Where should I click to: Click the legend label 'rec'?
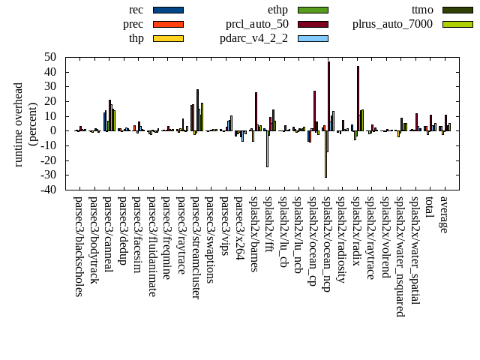(136, 10)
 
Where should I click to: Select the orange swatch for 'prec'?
(168, 24)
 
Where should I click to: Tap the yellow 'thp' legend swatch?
(168, 38)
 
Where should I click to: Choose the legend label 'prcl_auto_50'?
(257, 24)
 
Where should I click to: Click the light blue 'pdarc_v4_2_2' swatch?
(313, 38)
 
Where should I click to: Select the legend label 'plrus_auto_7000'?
(392, 24)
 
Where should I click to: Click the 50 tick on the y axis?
(51, 57)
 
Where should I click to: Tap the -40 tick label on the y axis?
(48, 190)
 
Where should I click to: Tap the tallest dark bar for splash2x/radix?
(358, 98)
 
